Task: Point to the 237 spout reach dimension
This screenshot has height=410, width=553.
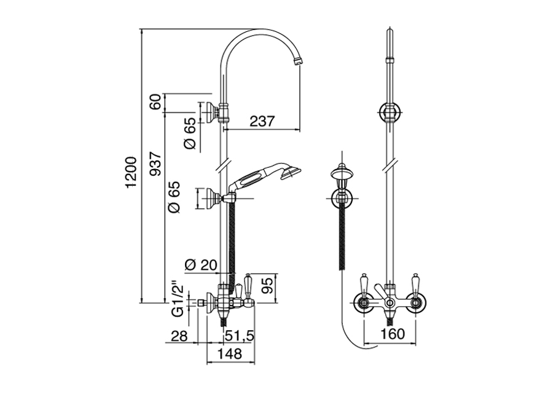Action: pyautogui.click(x=262, y=122)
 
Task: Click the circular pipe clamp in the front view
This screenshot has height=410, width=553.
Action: pyautogui.click(x=390, y=112)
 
